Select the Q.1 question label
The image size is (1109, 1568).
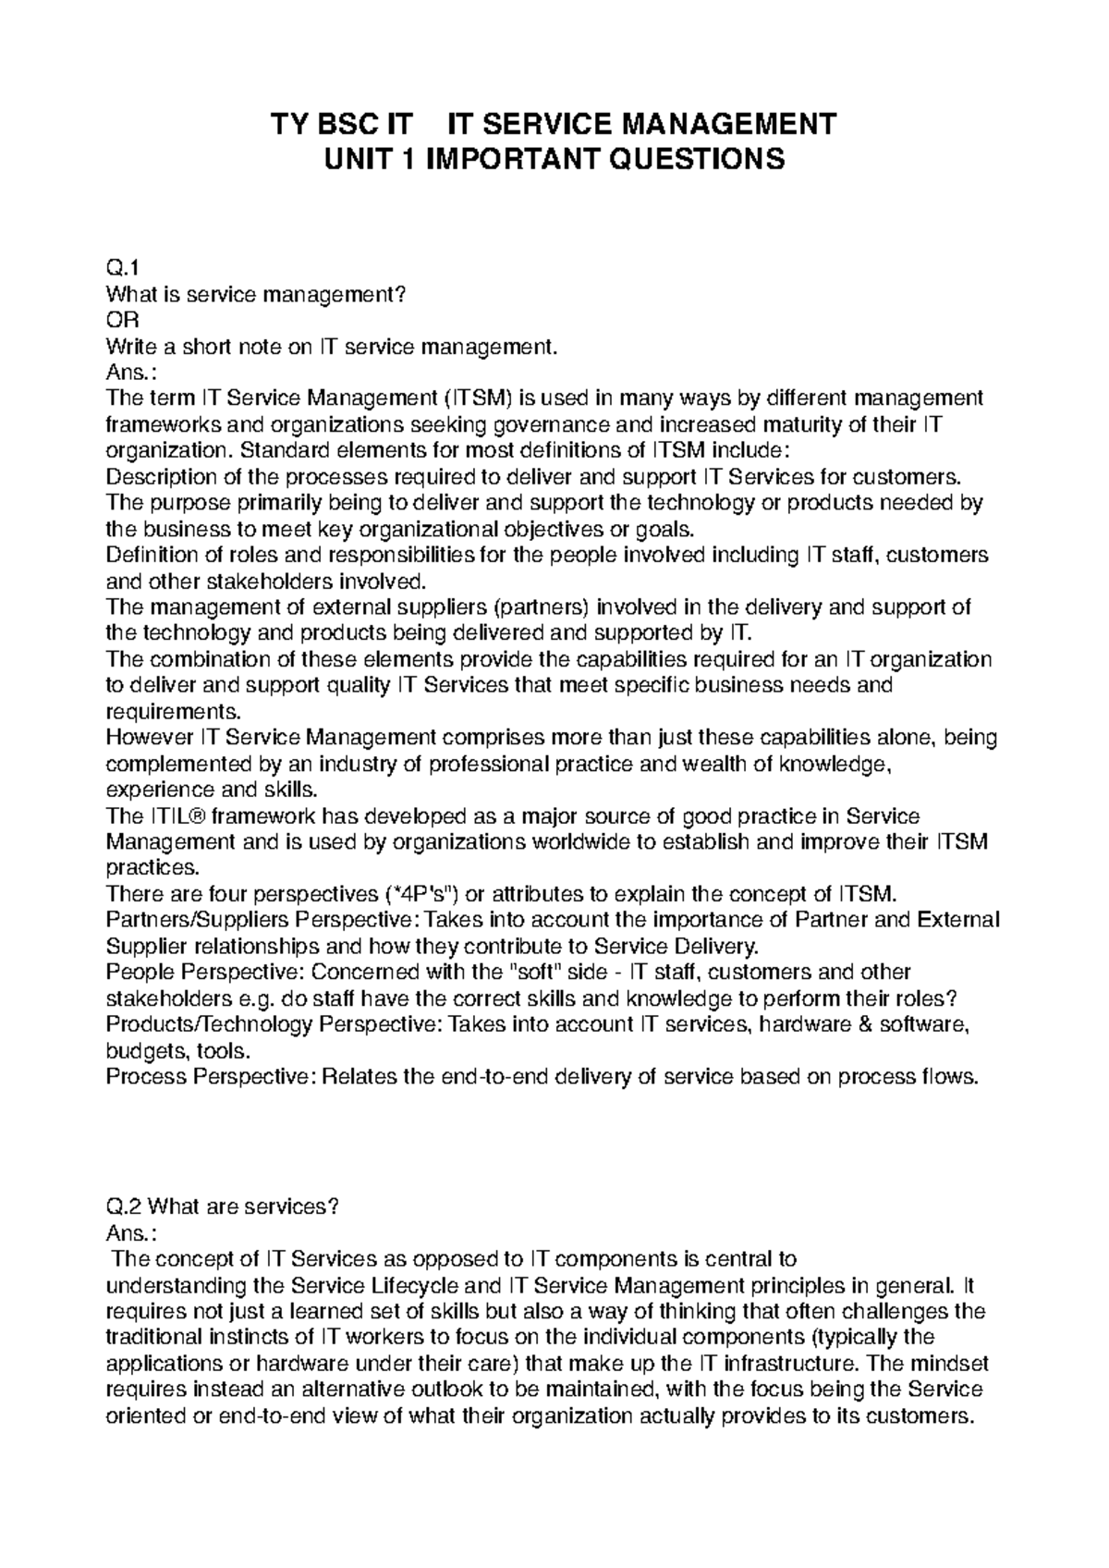click(122, 269)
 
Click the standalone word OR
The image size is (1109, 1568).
click(121, 321)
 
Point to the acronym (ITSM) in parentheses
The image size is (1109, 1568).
click(478, 399)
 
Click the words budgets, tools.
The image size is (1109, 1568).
click(177, 1051)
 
